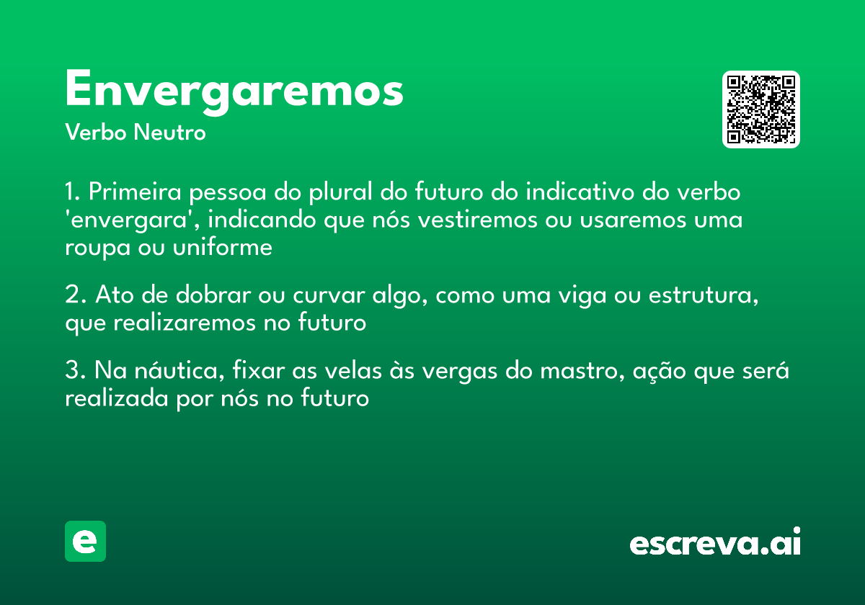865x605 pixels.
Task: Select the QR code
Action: (760, 109)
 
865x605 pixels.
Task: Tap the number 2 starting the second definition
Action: (71, 296)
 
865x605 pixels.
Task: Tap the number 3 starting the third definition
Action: (71, 372)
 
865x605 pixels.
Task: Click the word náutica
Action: (177, 372)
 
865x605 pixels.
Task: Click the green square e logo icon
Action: (85, 541)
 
